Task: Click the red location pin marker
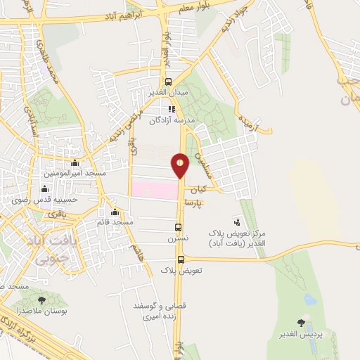tap(180, 165)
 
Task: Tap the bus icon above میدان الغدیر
tap(167, 82)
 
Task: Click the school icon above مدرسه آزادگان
tap(171, 109)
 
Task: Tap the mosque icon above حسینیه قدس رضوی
tap(46, 188)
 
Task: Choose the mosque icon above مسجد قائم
tap(115, 212)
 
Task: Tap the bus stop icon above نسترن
tap(178, 227)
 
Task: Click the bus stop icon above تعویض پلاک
tap(181, 259)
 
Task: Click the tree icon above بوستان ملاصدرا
tap(41, 300)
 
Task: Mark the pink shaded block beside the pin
tap(153, 190)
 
